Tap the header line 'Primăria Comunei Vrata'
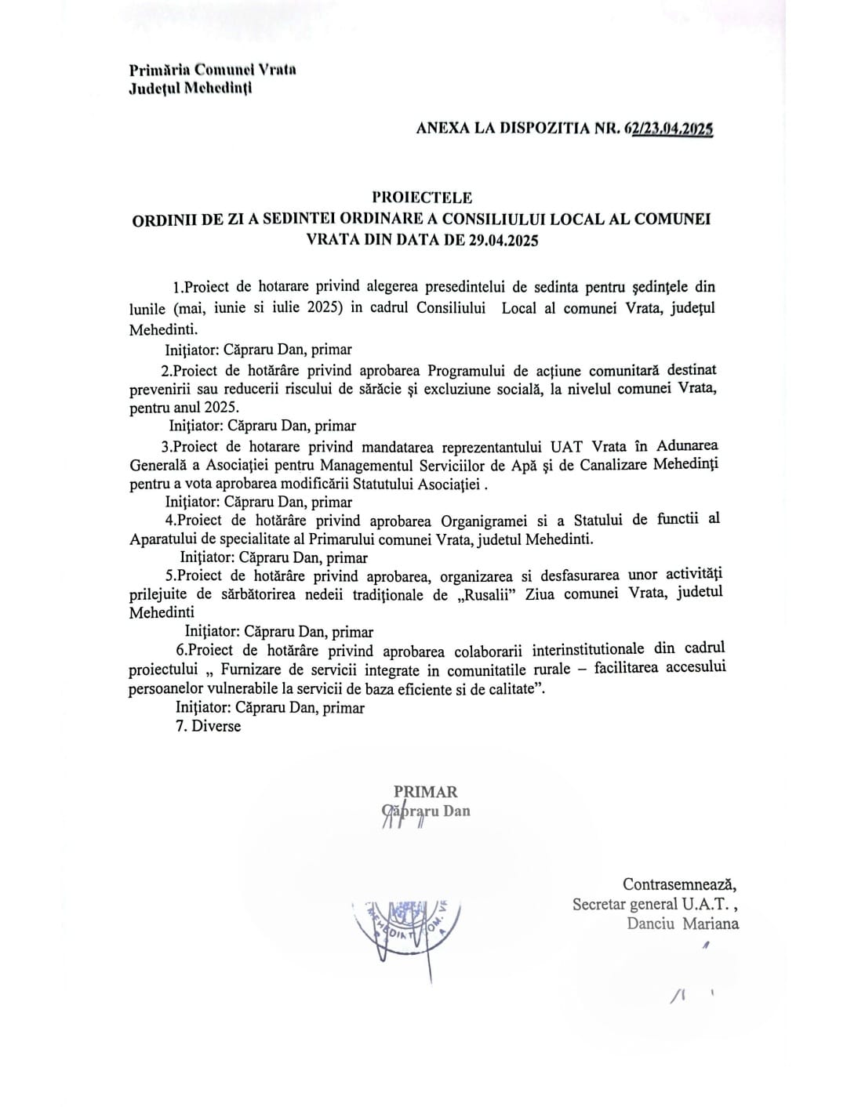213,69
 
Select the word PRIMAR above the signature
425,792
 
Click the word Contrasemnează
680,884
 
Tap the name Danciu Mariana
682,924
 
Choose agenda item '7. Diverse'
209,726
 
